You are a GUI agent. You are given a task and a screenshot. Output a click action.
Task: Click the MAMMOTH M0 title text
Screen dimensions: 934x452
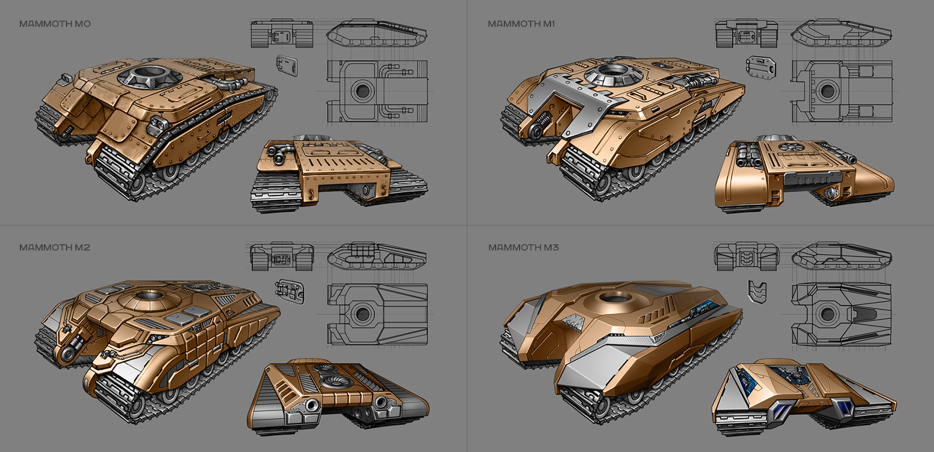[55, 24]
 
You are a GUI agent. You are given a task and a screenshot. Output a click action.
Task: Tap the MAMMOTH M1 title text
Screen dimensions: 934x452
[521, 24]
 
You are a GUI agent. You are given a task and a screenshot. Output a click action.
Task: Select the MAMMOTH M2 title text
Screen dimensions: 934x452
[55, 248]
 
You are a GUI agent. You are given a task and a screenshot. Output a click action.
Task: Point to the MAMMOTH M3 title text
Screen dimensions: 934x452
[524, 248]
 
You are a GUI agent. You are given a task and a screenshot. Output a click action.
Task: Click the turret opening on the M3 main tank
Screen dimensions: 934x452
[613, 297]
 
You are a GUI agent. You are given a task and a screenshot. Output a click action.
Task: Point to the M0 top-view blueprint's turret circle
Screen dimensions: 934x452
[363, 91]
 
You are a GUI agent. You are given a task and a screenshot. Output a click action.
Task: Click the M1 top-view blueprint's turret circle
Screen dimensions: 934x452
[827, 91]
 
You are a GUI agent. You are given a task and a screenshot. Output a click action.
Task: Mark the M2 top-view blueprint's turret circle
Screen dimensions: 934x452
[362, 314]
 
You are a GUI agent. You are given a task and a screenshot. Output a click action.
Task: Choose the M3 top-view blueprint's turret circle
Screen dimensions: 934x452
[827, 314]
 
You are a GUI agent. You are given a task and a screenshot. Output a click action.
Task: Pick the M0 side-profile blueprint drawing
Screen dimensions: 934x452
[377, 33]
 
